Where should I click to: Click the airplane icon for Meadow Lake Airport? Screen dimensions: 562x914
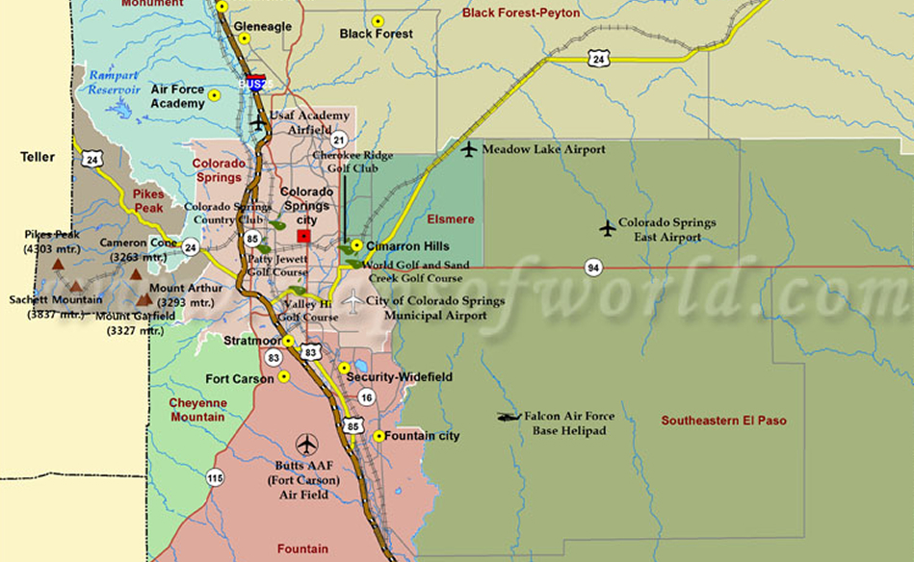tap(469, 149)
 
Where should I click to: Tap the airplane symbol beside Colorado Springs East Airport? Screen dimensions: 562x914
tap(608, 228)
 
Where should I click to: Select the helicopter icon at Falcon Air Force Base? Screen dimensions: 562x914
tap(509, 417)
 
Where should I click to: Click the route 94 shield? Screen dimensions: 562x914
tap(592, 267)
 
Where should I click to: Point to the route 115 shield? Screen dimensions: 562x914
tap(214, 476)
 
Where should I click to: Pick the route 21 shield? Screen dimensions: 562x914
tap(338, 140)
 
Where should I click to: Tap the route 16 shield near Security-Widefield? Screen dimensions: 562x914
tap(366, 396)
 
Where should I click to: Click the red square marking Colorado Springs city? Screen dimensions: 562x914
tap(304, 236)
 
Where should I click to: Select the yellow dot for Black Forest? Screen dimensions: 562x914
tap(378, 20)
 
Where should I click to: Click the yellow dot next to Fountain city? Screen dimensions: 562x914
tap(379, 436)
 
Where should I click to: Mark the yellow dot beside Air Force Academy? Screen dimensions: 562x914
tap(214, 95)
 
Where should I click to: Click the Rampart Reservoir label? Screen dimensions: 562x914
tap(116, 83)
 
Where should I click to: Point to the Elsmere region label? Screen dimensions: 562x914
tap(451, 219)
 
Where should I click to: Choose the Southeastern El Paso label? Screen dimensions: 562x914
tap(723, 421)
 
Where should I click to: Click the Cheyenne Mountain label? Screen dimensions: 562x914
tap(197, 410)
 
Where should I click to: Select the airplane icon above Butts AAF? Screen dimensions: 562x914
tap(307, 445)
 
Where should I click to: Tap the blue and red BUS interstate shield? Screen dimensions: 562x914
tap(255, 83)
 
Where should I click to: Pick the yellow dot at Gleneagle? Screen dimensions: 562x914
tap(245, 38)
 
